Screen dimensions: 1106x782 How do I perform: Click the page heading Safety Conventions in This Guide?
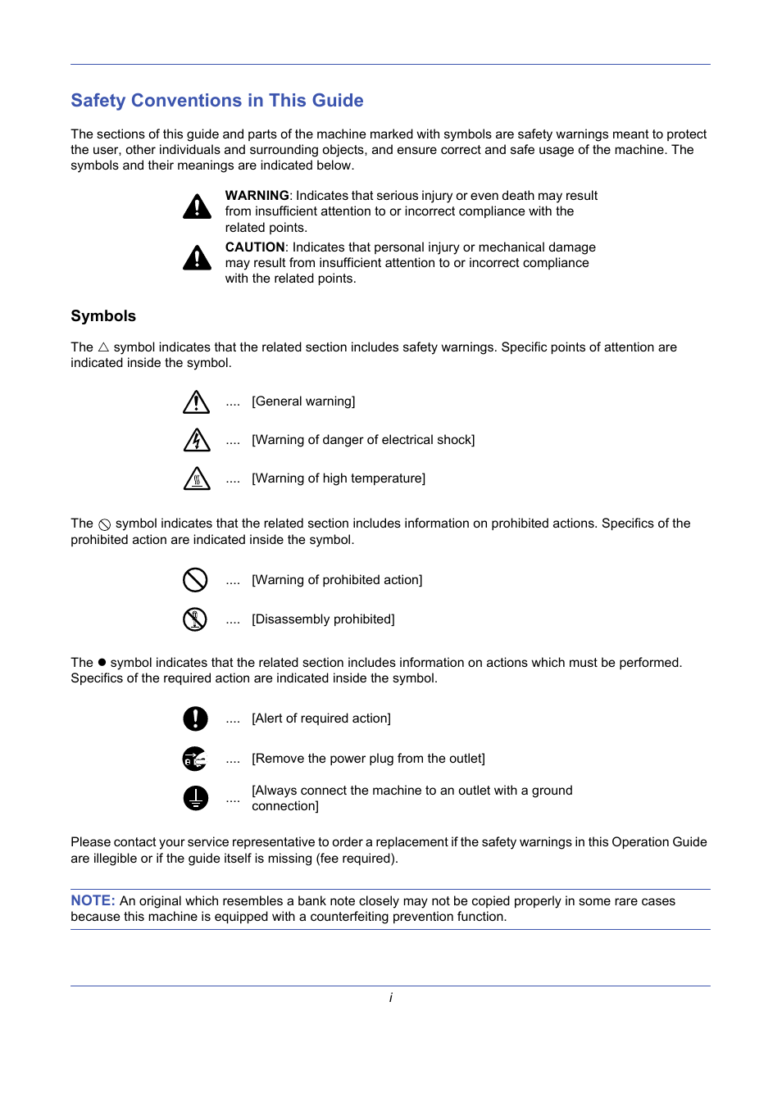coord(217,101)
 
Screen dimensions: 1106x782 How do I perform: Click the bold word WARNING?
coord(257,196)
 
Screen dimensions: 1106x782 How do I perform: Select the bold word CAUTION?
coord(255,247)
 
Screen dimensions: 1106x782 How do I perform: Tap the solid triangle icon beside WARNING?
coord(197,206)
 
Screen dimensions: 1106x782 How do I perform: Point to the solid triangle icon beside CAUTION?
coord(197,258)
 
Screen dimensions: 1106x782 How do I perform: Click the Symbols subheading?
coord(103,316)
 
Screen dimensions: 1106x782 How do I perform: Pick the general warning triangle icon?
coord(196,402)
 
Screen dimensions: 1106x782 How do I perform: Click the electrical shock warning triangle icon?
coord(196,441)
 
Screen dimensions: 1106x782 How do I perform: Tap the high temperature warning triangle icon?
coord(196,478)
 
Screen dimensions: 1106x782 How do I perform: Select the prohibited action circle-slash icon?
coord(195,580)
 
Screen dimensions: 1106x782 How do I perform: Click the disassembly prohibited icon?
coord(195,619)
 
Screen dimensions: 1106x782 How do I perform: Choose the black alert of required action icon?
coord(195,718)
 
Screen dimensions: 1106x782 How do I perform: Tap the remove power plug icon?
coord(195,759)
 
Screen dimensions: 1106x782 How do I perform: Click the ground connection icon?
coord(195,798)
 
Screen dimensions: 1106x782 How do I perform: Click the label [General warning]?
coord(303,401)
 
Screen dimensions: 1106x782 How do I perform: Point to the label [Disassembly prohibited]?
coord(323,619)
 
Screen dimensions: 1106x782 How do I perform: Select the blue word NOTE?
coord(93,901)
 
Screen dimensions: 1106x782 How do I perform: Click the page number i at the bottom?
coord(391,998)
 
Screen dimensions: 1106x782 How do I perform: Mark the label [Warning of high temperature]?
coord(339,478)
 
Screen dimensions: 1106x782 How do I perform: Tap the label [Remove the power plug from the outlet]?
coord(368,759)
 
